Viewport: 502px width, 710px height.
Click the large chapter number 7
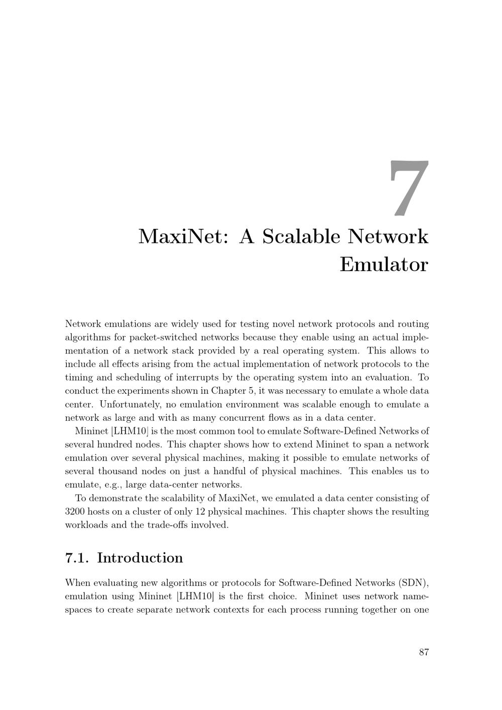coord(409,189)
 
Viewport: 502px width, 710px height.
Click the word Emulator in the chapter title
coord(384,265)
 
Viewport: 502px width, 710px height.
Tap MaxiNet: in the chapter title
coord(184,236)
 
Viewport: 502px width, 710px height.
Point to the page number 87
coord(424,652)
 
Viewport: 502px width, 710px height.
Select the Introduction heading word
coord(140,558)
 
